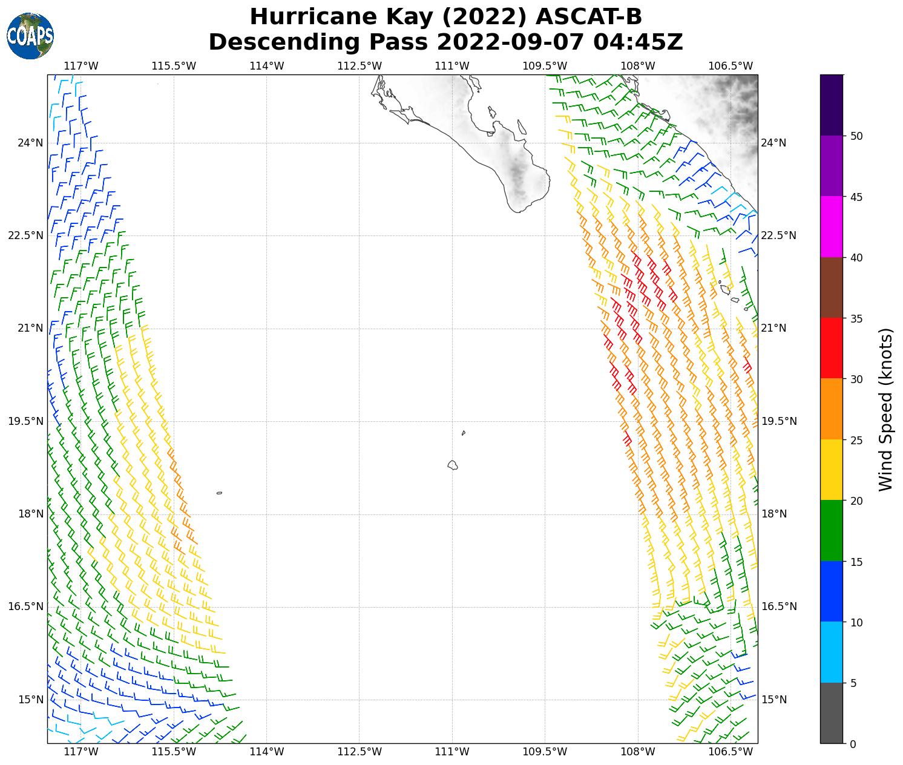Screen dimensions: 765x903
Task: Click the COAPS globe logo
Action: [30, 36]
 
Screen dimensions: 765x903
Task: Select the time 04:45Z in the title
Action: [638, 42]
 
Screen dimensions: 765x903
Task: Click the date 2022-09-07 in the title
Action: [511, 42]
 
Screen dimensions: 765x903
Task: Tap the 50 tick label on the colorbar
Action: [856, 136]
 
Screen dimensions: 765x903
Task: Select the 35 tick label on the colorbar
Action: [856, 318]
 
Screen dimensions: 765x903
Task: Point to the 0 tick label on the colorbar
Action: [853, 744]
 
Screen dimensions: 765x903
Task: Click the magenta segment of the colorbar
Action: [831, 226]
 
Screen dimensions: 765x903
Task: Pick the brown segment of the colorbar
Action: [831, 287]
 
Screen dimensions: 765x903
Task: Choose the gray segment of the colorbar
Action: [831, 713]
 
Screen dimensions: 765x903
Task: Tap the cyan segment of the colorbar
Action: [831, 652]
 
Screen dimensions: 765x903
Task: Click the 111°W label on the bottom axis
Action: [452, 752]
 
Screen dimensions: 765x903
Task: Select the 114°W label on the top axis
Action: [266, 66]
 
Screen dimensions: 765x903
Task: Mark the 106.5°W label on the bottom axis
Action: [731, 752]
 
